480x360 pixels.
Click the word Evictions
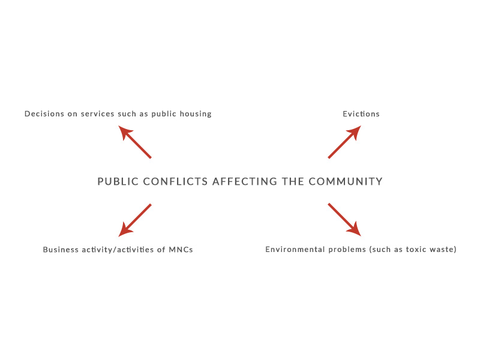pyautogui.click(x=361, y=114)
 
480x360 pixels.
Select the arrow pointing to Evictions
pyautogui.click(x=344, y=142)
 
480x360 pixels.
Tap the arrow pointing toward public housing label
pyautogui.click(x=134, y=142)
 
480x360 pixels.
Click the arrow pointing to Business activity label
pyautogui.click(x=134, y=220)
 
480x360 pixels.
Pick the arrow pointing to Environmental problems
pyautogui.click(x=344, y=220)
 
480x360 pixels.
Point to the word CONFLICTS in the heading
pyautogui.click(x=175, y=182)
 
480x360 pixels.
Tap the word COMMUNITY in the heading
pyautogui.click(x=346, y=182)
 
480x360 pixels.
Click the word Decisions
pyautogui.click(x=44, y=114)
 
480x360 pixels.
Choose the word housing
pyautogui.click(x=196, y=114)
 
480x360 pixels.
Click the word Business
pyautogui.click(x=61, y=250)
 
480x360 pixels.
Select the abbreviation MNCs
pyautogui.click(x=181, y=250)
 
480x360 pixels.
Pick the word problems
pyautogui.click(x=347, y=250)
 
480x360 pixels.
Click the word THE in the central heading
pyautogui.click(x=293, y=182)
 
